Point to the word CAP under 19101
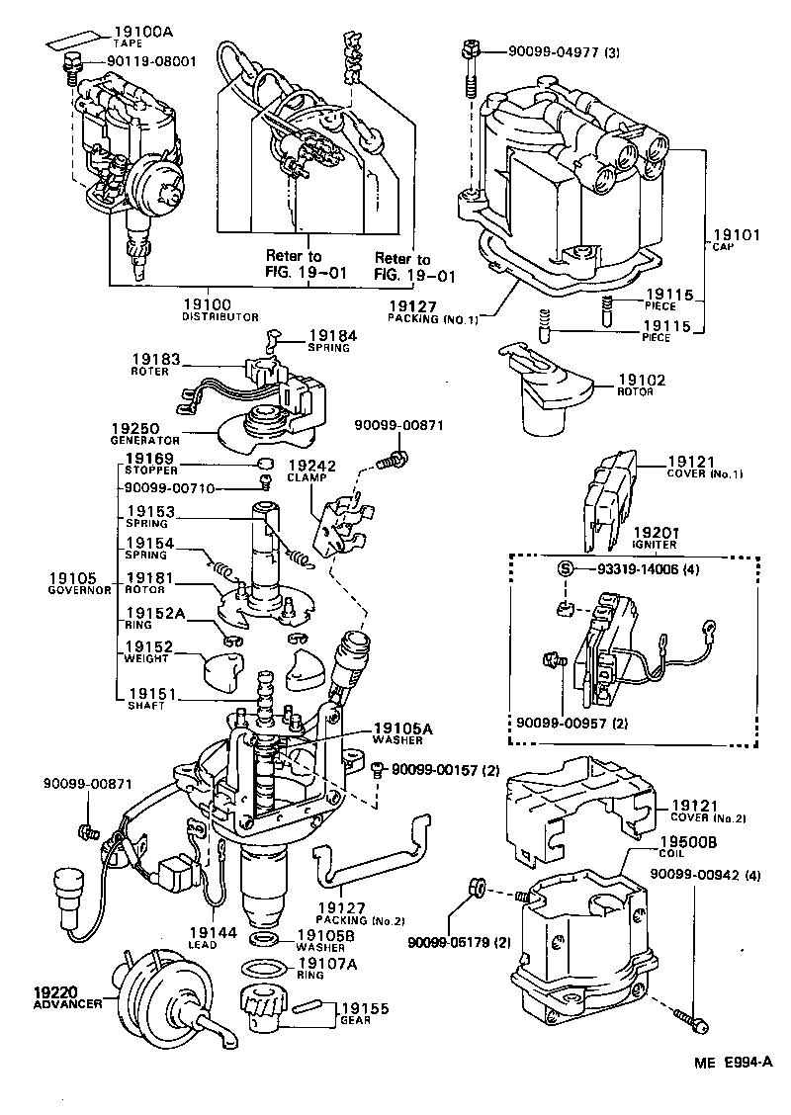(722, 249)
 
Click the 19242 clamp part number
(308, 464)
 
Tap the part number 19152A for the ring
(154, 613)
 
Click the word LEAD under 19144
(205, 945)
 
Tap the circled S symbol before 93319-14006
(567, 569)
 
